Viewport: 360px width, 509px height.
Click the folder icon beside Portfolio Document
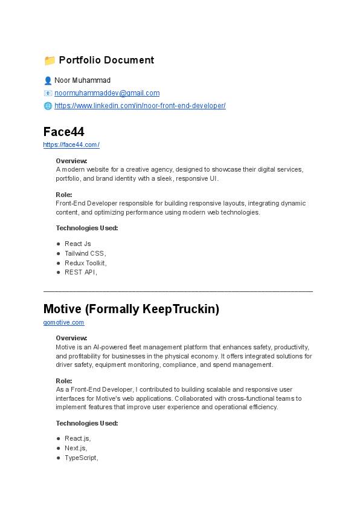pos(50,60)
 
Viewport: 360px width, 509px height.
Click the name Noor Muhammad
pos(82,80)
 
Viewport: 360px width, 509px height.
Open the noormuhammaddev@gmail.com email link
pos(107,93)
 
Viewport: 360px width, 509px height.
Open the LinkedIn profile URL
pos(140,106)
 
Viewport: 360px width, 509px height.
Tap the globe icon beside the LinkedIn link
pos(48,106)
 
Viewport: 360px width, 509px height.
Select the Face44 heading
pos(63,132)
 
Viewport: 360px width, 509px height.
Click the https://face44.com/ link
pos(71,145)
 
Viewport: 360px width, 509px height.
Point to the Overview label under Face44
pos(71,161)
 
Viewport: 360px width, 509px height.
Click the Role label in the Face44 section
pos(63,195)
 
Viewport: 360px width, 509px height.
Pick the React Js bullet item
pos(78,244)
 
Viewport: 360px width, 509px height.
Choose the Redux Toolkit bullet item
pos(85,263)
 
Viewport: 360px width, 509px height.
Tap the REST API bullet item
pos(80,272)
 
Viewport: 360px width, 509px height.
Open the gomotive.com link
pos(63,323)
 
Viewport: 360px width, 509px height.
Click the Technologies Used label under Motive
pos(86,423)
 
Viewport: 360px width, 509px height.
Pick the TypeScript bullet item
pos(82,458)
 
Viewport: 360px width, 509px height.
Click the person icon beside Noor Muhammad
pos(48,80)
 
